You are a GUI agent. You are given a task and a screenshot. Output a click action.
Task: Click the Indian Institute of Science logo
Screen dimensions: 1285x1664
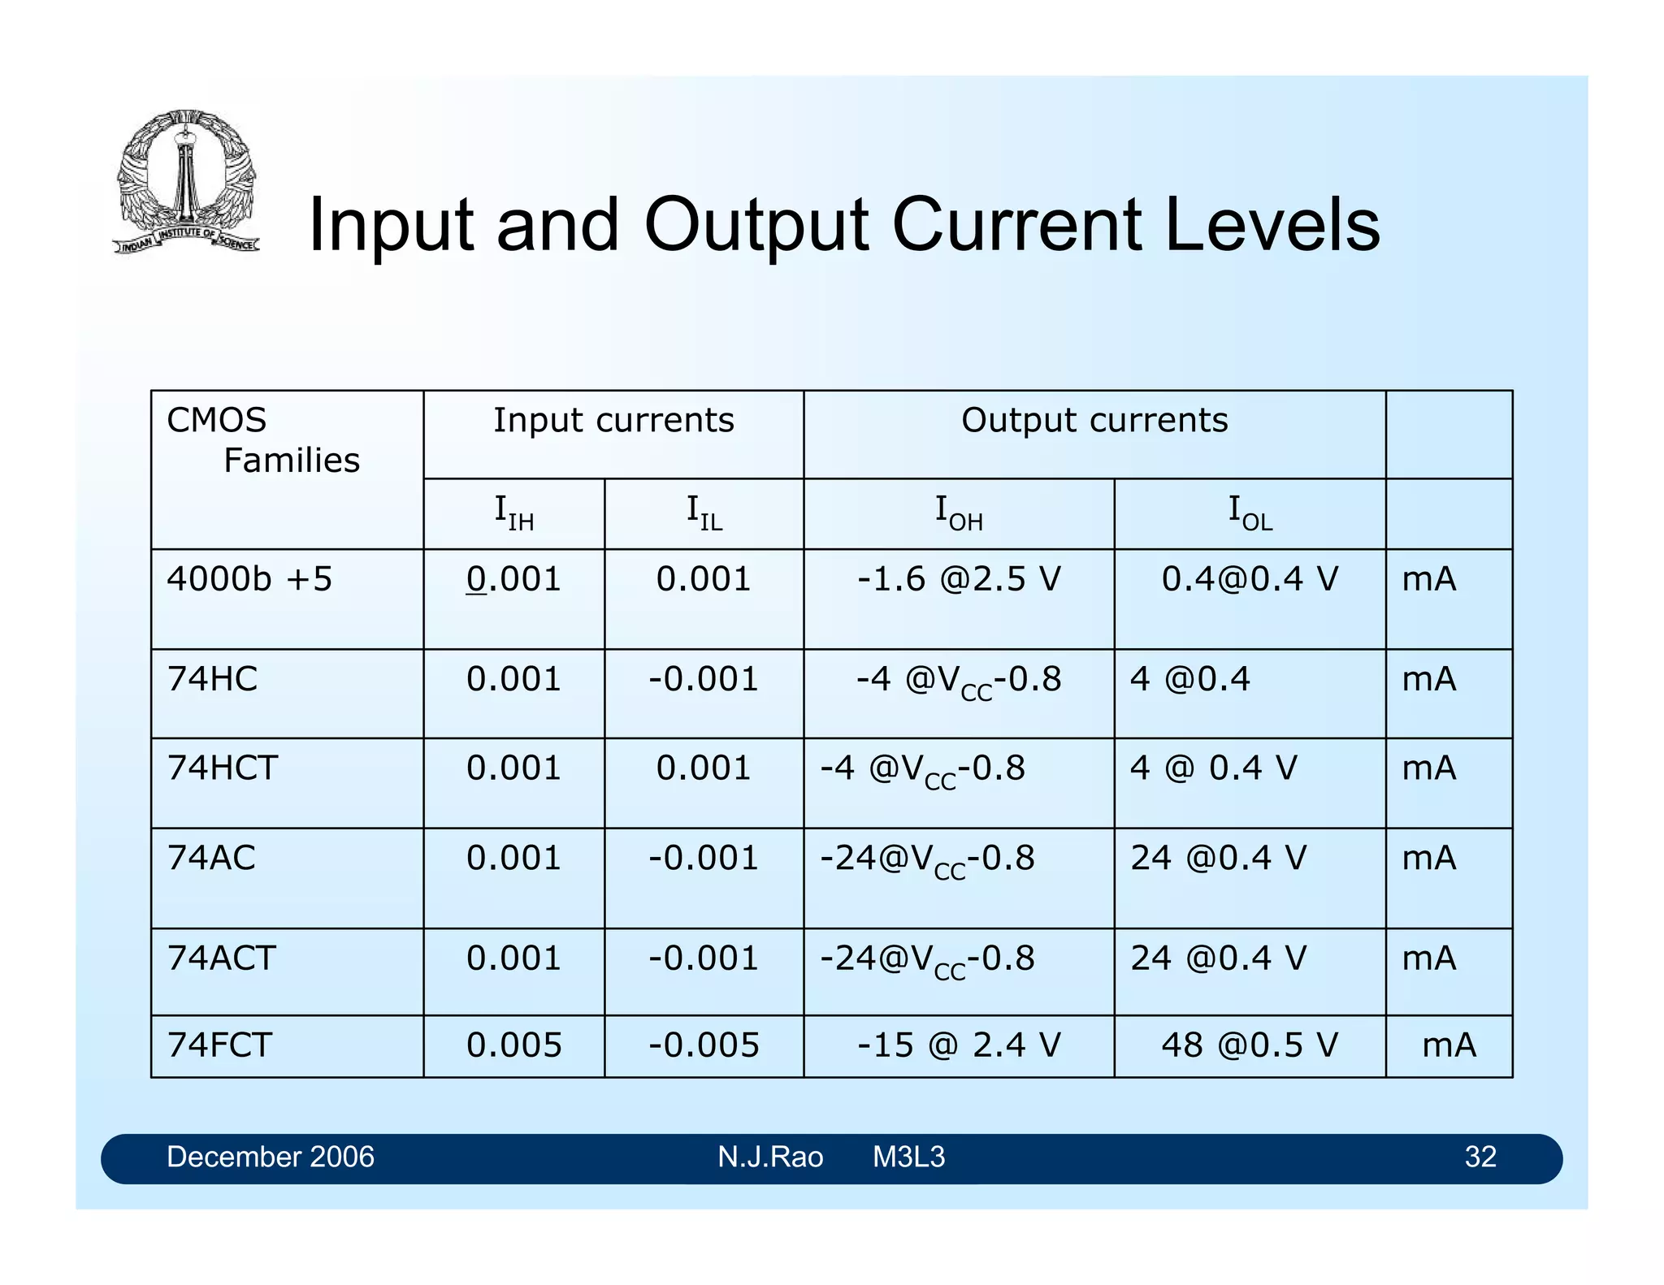tap(187, 182)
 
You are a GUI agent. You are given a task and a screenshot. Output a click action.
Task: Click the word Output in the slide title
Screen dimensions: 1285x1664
tap(755, 225)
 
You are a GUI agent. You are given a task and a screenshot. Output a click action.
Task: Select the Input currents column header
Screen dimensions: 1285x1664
tap(613, 421)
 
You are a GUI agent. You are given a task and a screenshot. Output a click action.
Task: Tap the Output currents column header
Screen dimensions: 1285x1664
tap(1094, 421)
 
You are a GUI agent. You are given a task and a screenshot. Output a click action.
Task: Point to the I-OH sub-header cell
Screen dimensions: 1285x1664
tap(959, 513)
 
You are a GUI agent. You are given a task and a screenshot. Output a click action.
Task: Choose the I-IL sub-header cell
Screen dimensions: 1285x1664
tap(704, 513)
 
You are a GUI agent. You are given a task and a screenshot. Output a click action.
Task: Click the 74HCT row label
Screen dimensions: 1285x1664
tap(223, 768)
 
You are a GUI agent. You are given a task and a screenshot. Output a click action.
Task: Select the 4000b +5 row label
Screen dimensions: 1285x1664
tap(249, 580)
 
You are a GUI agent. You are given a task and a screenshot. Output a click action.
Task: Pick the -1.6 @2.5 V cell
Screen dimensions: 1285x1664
tap(959, 580)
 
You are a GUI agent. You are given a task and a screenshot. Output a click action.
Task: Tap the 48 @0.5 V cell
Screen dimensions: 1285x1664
tap(1249, 1045)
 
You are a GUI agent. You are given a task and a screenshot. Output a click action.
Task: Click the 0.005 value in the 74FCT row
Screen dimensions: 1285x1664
tap(513, 1045)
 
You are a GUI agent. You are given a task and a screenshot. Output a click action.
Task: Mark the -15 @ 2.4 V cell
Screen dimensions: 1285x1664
tap(959, 1045)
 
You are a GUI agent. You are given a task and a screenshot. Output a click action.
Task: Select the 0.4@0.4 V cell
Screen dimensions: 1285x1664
tap(1249, 580)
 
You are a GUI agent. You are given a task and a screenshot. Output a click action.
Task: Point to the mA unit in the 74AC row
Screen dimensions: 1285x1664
tap(1428, 859)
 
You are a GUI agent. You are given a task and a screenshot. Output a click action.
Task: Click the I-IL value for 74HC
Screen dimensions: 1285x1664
tap(704, 680)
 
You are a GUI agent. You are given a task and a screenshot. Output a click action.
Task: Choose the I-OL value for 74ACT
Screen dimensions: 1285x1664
tap(1218, 958)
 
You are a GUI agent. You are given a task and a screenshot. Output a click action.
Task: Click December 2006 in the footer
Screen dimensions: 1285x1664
tap(270, 1157)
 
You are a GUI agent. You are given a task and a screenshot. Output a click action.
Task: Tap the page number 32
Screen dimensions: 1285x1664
tap(1480, 1157)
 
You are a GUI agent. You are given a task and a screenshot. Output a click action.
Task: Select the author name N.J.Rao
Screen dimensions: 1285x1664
tap(769, 1157)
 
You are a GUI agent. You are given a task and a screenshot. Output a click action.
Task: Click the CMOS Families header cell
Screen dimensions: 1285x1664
tap(262, 441)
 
